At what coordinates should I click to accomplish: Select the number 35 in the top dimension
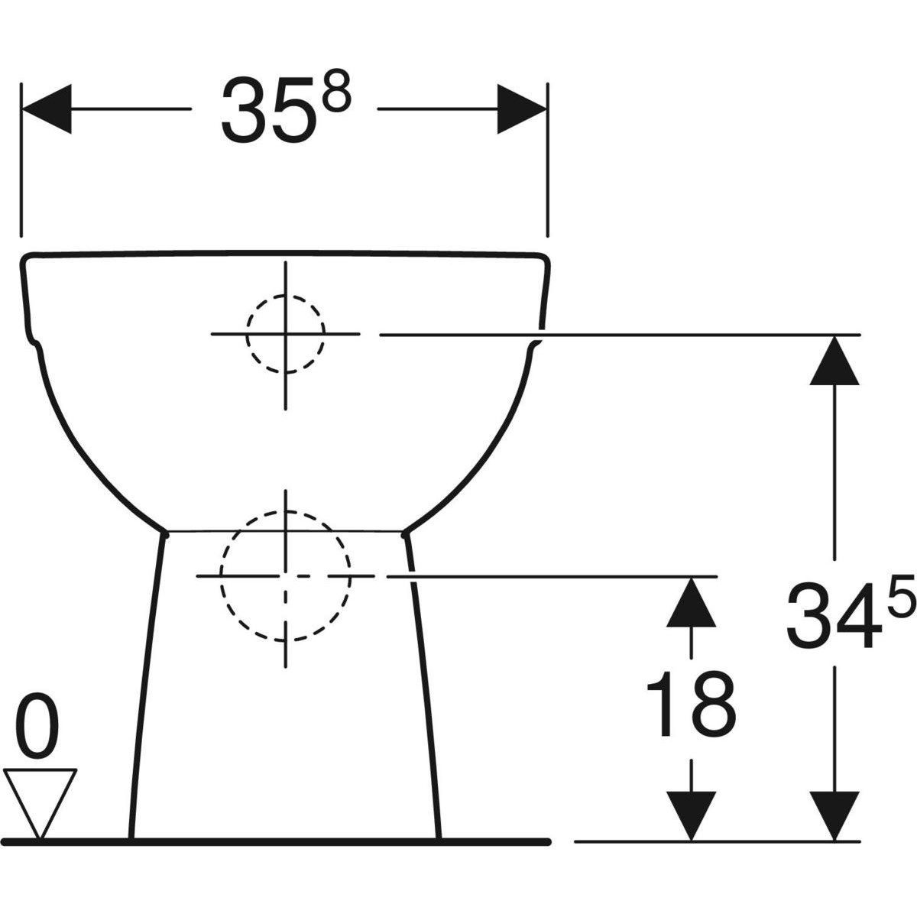269,110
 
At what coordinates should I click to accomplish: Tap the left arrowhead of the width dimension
47,109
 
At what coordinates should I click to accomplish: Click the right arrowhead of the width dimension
522,109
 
